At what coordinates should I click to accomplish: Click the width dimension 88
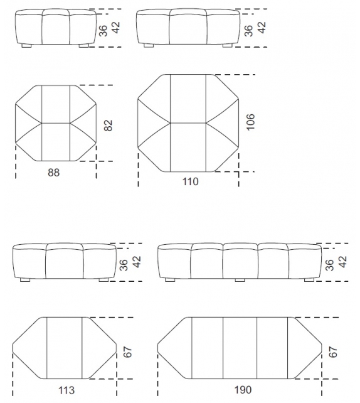(x=54, y=173)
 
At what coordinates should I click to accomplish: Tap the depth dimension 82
(x=109, y=126)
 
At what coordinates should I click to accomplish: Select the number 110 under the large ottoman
(x=190, y=181)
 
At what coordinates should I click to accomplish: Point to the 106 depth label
(x=250, y=122)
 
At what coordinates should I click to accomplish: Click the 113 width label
(x=66, y=390)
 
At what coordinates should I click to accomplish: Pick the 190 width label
(x=243, y=390)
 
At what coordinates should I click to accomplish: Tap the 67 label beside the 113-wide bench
(x=127, y=352)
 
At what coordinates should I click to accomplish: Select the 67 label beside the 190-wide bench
(x=333, y=352)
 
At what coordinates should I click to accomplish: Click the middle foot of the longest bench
(x=240, y=280)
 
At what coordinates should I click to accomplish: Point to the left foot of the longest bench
(x=170, y=280)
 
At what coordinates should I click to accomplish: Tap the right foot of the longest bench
(x=309, y=280)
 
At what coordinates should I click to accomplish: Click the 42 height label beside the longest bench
(x=343, y=262)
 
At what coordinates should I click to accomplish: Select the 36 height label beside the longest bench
(x=331, y=266)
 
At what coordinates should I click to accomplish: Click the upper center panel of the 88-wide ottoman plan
(x=56, y=104)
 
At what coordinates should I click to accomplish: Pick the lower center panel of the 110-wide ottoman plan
(x=188, y=148)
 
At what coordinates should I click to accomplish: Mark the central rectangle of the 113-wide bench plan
(x=65, y=348)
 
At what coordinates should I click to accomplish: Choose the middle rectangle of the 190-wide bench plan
(x=240, y=348)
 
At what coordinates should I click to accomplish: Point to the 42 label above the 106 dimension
(x=262, y=27)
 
